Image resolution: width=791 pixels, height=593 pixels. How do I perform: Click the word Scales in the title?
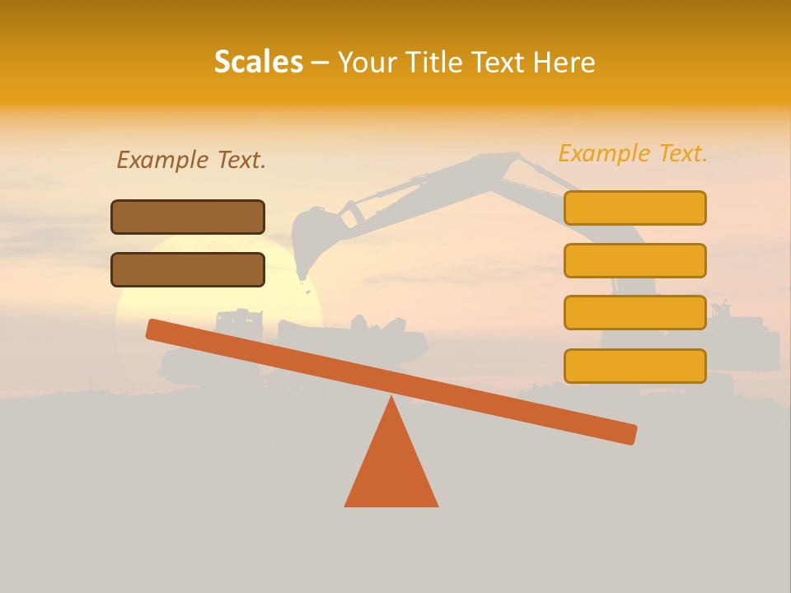coord(258,62)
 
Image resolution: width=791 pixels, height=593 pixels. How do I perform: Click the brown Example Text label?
coord(191,160)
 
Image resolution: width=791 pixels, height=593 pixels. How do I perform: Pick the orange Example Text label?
coord(633,153)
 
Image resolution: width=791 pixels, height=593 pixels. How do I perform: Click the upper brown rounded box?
coord(188,217)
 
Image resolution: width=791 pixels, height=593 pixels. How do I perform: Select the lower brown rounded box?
coord(188,269)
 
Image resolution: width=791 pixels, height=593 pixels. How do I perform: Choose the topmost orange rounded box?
coord(635,208)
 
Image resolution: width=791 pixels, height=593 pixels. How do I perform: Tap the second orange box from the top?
coord(635,260)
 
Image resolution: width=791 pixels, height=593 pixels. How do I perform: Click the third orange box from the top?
coord(635,313)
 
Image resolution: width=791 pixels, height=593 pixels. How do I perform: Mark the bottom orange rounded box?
coord(635,366)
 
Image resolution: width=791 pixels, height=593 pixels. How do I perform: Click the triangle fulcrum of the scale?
coord(391,469)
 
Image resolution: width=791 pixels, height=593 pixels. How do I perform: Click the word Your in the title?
coord(364,63)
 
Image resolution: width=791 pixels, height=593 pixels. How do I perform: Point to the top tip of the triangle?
coord(391,399)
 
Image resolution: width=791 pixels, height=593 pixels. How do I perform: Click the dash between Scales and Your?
coord(321,63)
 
